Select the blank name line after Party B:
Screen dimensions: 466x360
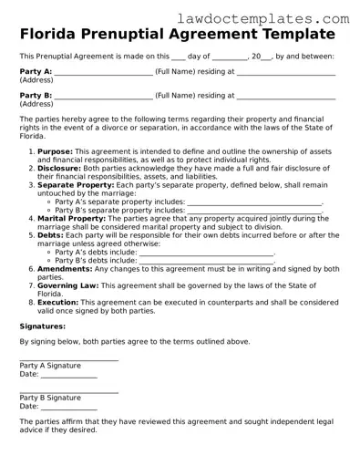tap(104, 96)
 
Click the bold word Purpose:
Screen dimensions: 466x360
tap(56, 152)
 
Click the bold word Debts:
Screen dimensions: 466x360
tap(51, 234)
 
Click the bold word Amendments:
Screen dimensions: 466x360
tap(66, 269)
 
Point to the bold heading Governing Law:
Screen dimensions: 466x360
tap(71, 285)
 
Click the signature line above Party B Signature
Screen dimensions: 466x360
tap(69, 391)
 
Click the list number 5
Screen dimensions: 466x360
tap(32, 234)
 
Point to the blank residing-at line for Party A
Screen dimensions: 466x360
tap(286, 72)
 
